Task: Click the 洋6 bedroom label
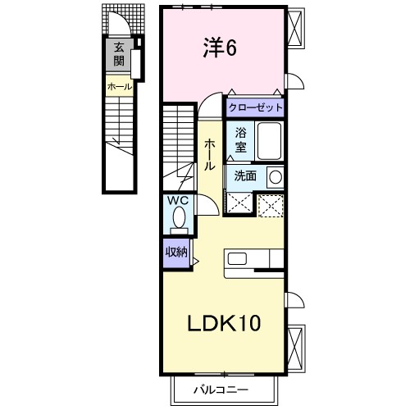[x=220, y=48]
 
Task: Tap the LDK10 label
[x=224, y=323]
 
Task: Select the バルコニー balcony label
[x=221, y=389]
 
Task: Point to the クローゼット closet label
[x=256, y=107]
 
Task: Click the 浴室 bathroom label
[x=241, y=140]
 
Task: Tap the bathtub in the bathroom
[x=270, y=141]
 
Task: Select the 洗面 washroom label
[x=245, y=175]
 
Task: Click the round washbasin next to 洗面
[x=276, y=177]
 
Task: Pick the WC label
[x=178, y=201]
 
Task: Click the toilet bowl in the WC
[x=180, y=217]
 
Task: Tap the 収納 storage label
[x=177, y=252]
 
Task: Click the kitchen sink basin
[x=237, y=258]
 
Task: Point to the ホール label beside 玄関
[x=120, y=87]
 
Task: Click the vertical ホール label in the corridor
[x=210, y=154]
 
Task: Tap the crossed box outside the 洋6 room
[x=295, y=28]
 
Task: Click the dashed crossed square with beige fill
[x=271, y=206]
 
